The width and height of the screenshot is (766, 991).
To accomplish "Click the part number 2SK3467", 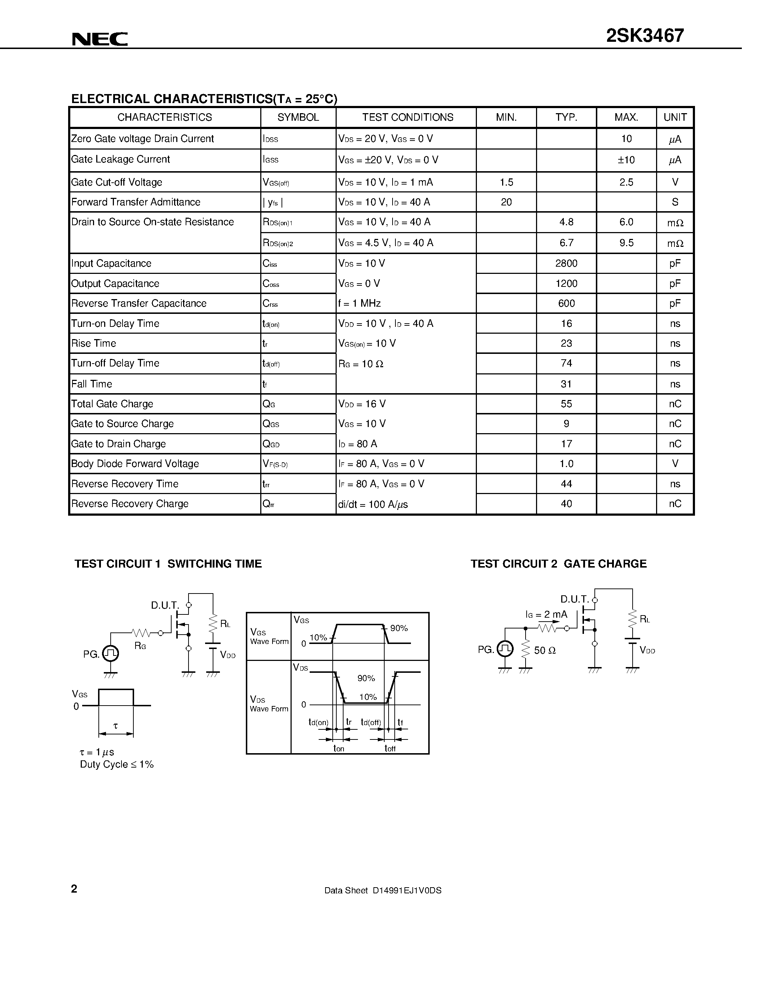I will click(645, 36).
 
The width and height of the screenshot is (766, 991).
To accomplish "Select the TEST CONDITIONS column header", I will click(407, 117).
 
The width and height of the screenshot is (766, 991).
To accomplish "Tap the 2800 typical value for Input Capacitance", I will click(566, 263).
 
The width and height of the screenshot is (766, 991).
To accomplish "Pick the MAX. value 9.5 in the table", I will click(626, 243).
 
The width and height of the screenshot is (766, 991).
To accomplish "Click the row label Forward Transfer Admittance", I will click(136, 202).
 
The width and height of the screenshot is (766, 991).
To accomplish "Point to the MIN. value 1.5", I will click(506, 182).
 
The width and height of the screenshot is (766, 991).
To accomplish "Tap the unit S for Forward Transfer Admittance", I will click(675, 202).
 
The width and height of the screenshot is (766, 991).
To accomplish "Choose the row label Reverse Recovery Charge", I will click(130, 504).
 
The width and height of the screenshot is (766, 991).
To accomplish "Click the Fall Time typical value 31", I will click(566, 384).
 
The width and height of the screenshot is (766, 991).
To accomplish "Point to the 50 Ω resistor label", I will click(545, 650).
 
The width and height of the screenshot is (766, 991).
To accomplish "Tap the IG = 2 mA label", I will click(546, 614).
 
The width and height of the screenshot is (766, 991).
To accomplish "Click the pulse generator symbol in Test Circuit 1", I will click(111, 653).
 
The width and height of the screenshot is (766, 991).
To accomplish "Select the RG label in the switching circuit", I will click(140, 645).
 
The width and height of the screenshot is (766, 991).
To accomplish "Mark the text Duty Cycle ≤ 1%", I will click(117, 764).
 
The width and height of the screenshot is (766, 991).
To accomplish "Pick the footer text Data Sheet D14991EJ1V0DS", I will click(382, 890).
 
